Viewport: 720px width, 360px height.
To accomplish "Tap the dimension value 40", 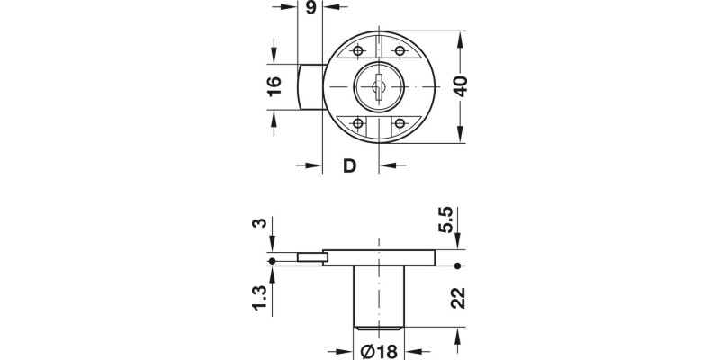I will pyautogui.click(x=461, y=87).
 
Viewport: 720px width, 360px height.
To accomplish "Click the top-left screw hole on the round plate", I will pyautogui.click(x=359, y=49).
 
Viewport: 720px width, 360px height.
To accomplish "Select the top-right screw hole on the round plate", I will pyautogui.click(x=400, y=49).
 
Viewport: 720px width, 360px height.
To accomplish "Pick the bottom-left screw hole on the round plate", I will pyautogui.click(x=359, y=124).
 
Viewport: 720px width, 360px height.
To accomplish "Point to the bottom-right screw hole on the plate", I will pyautogui.click(x=400, y=124).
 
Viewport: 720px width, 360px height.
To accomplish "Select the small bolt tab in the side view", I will pyautogui.click(x=311, y=258).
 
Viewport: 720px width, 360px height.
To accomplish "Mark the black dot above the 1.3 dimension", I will pyautogui.click(x=273, y=262).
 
